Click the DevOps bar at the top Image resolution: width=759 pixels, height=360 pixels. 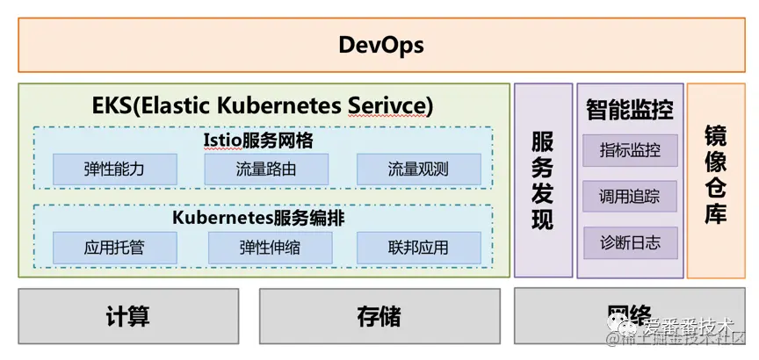point(380,45)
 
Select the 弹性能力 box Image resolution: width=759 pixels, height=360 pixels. point(114,169)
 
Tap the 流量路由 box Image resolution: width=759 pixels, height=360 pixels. point(266,169)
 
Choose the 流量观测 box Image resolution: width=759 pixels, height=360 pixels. point(418,169)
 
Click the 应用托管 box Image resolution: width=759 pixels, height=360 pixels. point(114,248)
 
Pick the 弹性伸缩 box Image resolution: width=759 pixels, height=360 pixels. point(270,248)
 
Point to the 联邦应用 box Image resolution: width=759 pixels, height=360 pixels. point(418,248)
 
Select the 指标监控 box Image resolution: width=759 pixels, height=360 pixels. point(630,150)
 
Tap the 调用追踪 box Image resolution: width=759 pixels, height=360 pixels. point(630,197)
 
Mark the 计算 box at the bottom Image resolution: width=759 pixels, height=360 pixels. point(128,317)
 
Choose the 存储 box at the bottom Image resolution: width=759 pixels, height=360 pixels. point(379,317)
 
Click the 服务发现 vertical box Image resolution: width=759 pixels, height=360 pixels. point(543,180)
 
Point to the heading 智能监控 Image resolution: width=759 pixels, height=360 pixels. point(630,110)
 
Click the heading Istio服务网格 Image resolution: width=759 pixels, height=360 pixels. point(264,140)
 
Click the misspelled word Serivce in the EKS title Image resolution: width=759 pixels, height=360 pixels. point(387,105)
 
